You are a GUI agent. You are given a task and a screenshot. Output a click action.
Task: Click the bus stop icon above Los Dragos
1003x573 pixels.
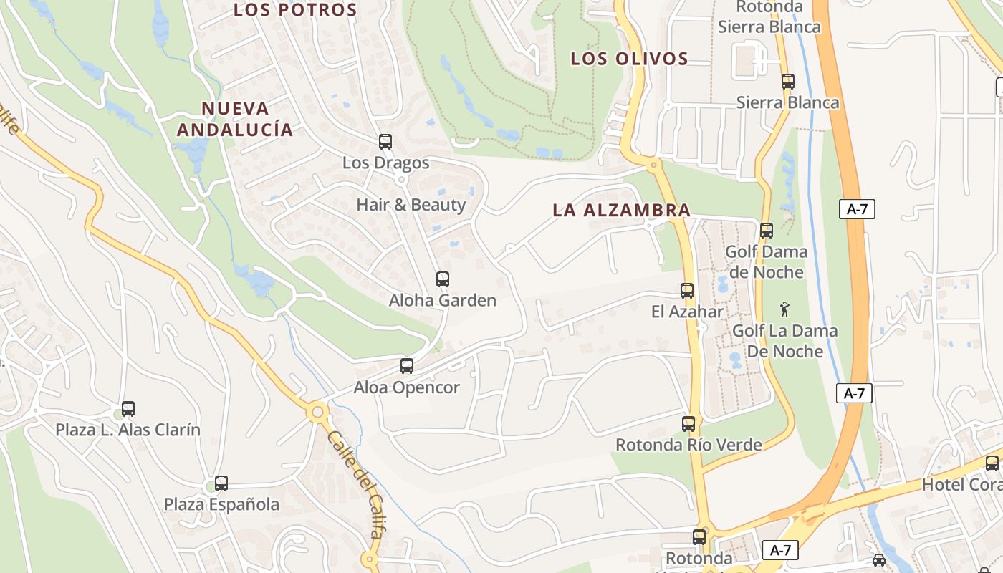pyautogui.click(x=385, y=142)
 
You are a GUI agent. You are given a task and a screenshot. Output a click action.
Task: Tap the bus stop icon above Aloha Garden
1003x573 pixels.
pyautogui.click(x=443, y=279)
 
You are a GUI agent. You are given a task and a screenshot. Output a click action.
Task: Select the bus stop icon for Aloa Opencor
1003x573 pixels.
pyautogui.click(x=407, y=366)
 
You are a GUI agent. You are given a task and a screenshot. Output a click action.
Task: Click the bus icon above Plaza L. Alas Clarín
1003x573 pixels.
pyautogui.click(x=128, y=409)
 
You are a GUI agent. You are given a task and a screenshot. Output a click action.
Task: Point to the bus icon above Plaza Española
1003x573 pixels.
pyautogui.click(x=221, y=483)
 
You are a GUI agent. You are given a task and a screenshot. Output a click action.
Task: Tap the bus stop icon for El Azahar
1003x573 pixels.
pyautogui.click(x=687, y=291)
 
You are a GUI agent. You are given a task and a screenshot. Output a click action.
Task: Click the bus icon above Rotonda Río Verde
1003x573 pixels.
pyautogui.click(x=688, y=424)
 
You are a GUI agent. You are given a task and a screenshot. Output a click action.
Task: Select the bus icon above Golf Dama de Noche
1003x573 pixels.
pyautogui.click(x=767, y=231)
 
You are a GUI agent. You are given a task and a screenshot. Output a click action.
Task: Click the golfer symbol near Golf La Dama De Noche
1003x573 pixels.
pyautogui.click(x=784, y=310)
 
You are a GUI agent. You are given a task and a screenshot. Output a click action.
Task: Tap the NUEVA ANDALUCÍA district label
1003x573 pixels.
pyautogui.click(x=235, y=119)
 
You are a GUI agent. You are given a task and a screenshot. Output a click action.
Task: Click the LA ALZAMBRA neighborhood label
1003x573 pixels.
pyautogui.click(x=621, y=210)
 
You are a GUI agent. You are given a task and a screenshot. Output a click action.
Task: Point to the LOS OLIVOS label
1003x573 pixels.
pyautogui.click(x=629, y=59)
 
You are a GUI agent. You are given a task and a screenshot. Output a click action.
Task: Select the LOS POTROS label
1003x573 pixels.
pyautogui.click(x=295, y=10)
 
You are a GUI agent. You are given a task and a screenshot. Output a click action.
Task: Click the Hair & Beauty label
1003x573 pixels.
pyautogui.click(x=411, y=205)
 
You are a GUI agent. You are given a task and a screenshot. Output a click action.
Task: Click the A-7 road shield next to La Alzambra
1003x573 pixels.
pyautogui.click(x=857, y=209)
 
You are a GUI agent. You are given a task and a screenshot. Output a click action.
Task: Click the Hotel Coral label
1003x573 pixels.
pyautogui.click(x=960, y=484)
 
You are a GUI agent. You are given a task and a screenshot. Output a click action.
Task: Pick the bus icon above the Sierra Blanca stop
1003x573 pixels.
pyautogui.click(x=788, y=82)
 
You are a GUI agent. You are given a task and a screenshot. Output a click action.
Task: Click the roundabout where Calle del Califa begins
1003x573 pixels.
pyautogui.click(x=317, y=412)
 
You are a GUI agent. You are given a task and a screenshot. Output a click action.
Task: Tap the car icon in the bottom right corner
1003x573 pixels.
pyautogui.click(x=879, y=560)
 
